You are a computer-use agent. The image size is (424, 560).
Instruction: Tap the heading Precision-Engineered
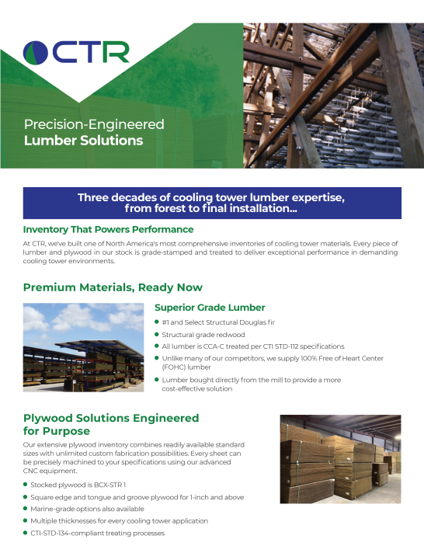pos(94,124)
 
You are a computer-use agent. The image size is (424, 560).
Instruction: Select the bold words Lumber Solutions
pos(84,141)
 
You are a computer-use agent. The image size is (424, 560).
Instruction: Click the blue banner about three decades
pos(211,203)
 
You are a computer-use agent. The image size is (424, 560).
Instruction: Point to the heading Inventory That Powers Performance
pos(108,230)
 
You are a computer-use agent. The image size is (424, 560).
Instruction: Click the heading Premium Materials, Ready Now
pos(113,287)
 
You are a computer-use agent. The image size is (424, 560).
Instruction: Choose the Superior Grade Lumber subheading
pos(210,308)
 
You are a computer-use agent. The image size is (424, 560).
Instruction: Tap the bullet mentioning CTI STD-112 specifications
pos(252,346)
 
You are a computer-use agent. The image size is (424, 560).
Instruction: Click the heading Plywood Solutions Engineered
pos(111,418)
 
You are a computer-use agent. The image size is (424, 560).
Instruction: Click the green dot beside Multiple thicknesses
pos(26,520)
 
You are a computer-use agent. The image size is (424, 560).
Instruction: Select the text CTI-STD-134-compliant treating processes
pos(98,533)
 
